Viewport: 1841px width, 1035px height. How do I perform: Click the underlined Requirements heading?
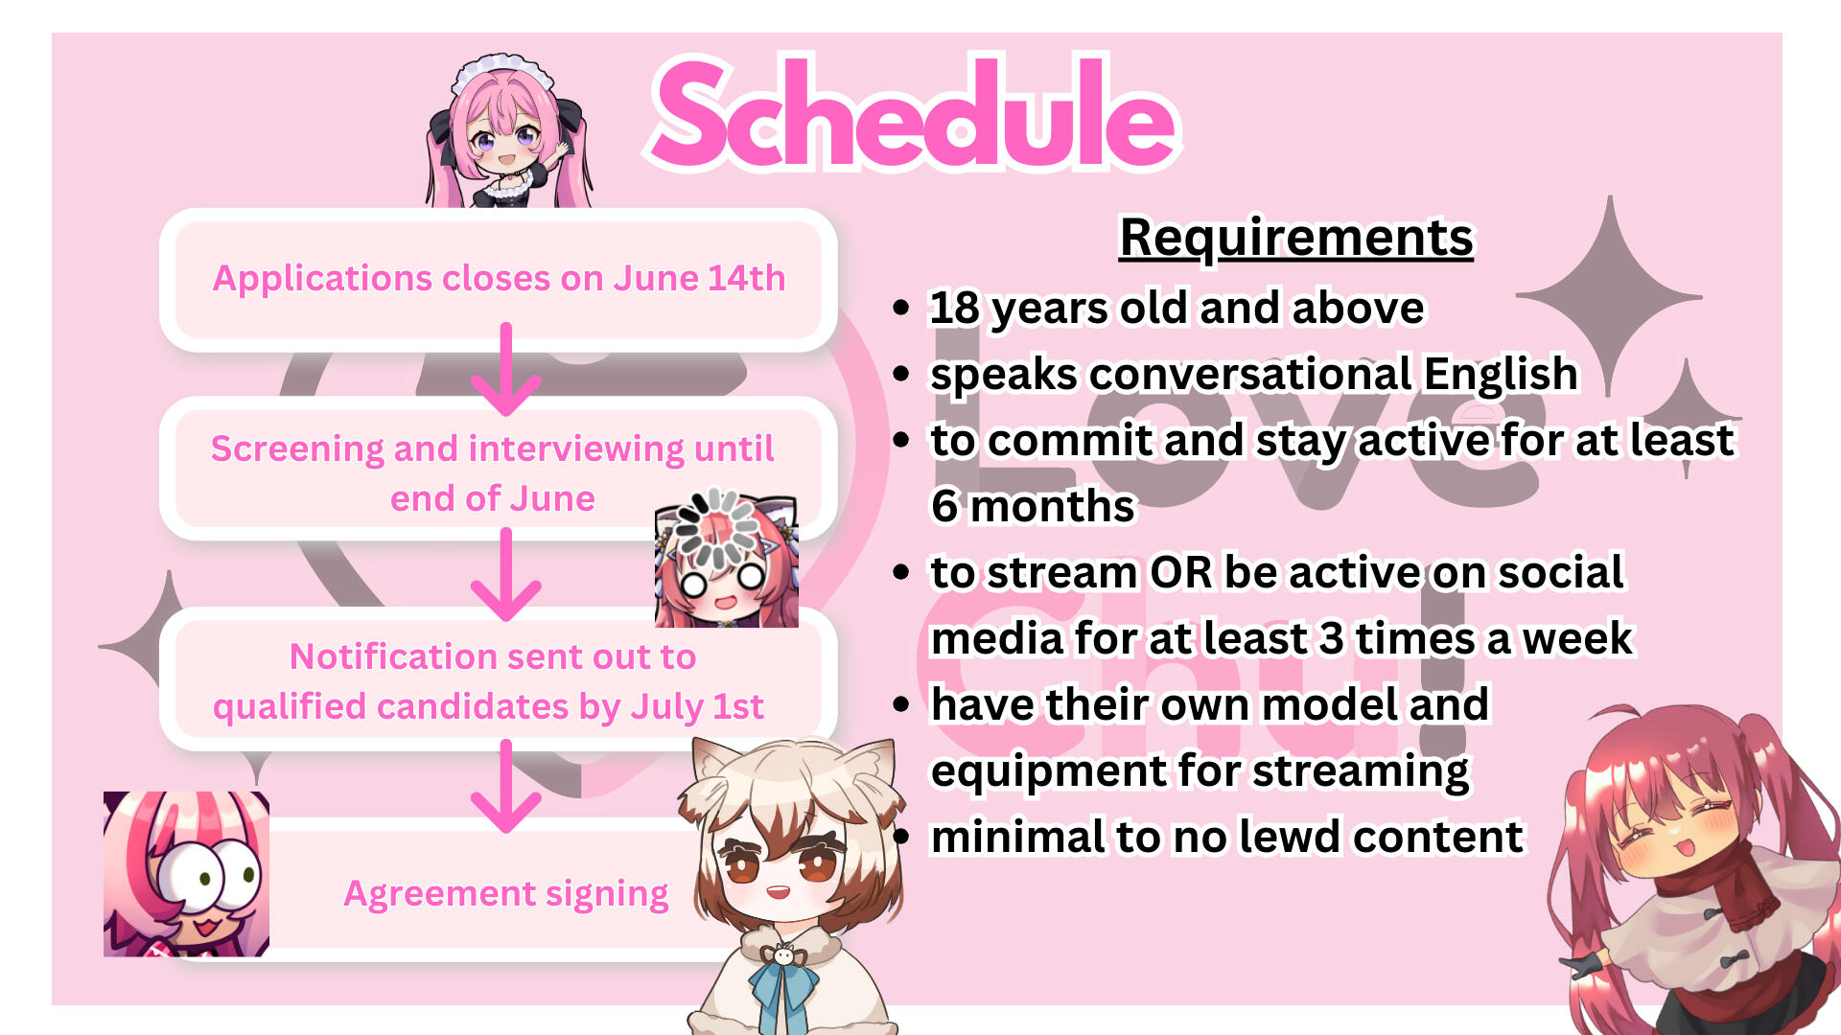pos(1296,238)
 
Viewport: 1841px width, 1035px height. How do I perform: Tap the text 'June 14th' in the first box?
pos(699,278)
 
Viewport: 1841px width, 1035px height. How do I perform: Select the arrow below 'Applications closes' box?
pos(506,368)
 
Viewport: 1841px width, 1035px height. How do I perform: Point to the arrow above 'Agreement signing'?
pos(506,786)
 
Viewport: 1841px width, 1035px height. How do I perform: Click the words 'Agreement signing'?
pos(506,893)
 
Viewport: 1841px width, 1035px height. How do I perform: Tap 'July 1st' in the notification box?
pos(697,706)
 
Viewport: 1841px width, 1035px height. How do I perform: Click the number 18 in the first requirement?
pos(955,309)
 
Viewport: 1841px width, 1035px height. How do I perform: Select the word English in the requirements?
pos(1501,375)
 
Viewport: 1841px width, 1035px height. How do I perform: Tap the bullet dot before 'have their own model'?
pos(900,705)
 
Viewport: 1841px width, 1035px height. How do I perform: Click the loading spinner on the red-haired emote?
pos(715,528)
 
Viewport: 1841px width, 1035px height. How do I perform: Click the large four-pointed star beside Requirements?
pos(1610,297)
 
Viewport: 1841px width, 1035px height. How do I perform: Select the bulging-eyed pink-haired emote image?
pos(186,874)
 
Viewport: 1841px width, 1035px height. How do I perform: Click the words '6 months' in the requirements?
pos(1033,506)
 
